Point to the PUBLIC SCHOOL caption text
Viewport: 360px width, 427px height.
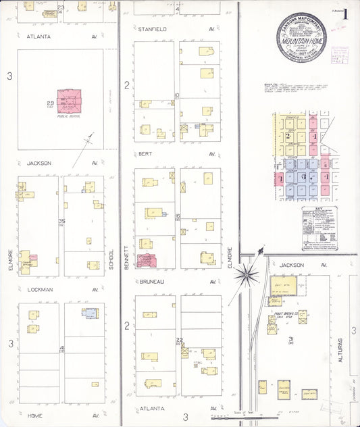pos(68,117)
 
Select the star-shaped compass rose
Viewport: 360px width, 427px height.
pos(247,274)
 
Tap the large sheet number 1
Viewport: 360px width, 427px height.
pos(345,14)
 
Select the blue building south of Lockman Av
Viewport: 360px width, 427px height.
pos(90,313)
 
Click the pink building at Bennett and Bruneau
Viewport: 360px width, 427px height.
pos(146,261)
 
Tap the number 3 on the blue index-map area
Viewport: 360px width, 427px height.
pos(304,176)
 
